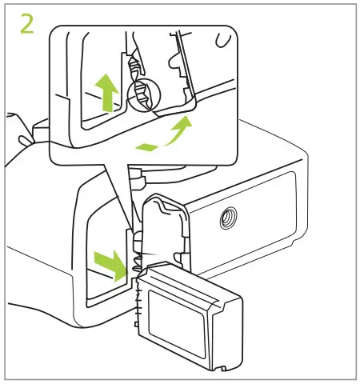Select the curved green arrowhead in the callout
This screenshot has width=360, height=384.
pos(185,123)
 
